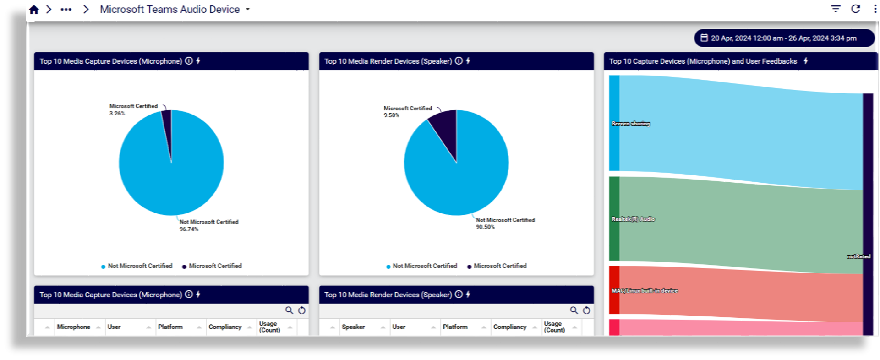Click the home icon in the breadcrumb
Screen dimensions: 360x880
tap(34, 10)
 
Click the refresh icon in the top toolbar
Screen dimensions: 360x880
tap(855, 9)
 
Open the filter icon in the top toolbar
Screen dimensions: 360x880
tap(836, 9)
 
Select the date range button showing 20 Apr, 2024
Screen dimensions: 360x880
tap(783, 38)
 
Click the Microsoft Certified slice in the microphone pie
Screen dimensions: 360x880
tap(168, 128)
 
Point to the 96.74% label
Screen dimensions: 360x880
tap(189, 229)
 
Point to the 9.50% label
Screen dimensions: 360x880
tap(392, 115)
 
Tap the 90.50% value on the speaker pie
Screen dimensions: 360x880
tap(485, 227)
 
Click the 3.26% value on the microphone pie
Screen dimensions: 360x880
tap(117, 113)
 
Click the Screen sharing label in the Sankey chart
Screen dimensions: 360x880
tap(631, 124)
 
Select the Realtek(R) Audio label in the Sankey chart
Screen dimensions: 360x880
tap(633, 219)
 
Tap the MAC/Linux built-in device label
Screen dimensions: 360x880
tap(645, 290)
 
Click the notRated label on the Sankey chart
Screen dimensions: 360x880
tap(858, 256)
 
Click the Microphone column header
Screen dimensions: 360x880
tap(73, 327)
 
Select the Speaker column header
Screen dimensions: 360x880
tap(353, 327)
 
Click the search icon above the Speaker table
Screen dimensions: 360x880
tap(574, 311)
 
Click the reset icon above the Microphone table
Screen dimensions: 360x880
tap(302, 311)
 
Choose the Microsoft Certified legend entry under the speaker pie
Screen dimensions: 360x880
tap(499, 266)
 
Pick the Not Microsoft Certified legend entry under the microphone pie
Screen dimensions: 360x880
tap(140, 266)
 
